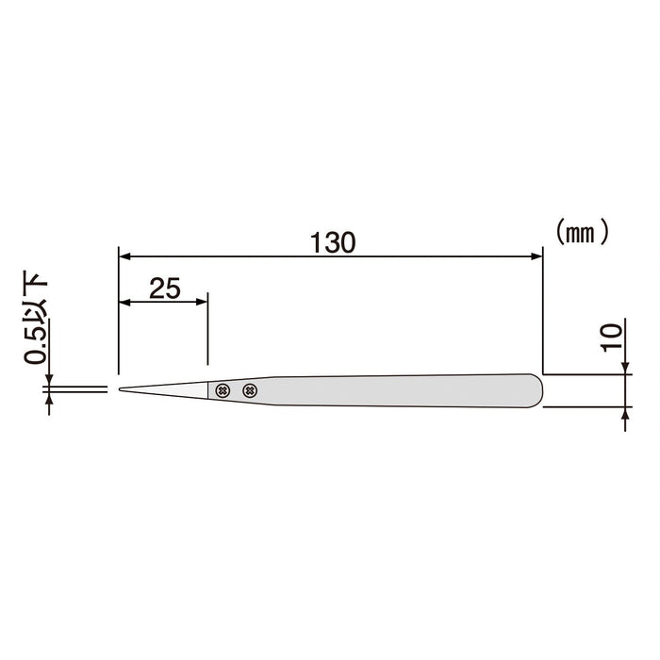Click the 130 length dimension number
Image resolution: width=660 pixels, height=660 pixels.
point(333,241)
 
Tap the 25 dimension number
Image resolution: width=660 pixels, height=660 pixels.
point(164,289)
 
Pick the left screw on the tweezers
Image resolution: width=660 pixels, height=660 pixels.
point(223,390)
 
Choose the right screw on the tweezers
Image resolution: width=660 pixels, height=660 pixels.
point(249,390)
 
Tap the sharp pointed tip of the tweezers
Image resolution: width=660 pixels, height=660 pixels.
point(121,388)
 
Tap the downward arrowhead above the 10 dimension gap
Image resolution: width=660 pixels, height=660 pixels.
point(626,368)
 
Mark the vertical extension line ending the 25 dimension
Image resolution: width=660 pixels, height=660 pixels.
point(207,330)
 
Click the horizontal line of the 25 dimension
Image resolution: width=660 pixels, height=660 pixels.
point(164,303)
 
